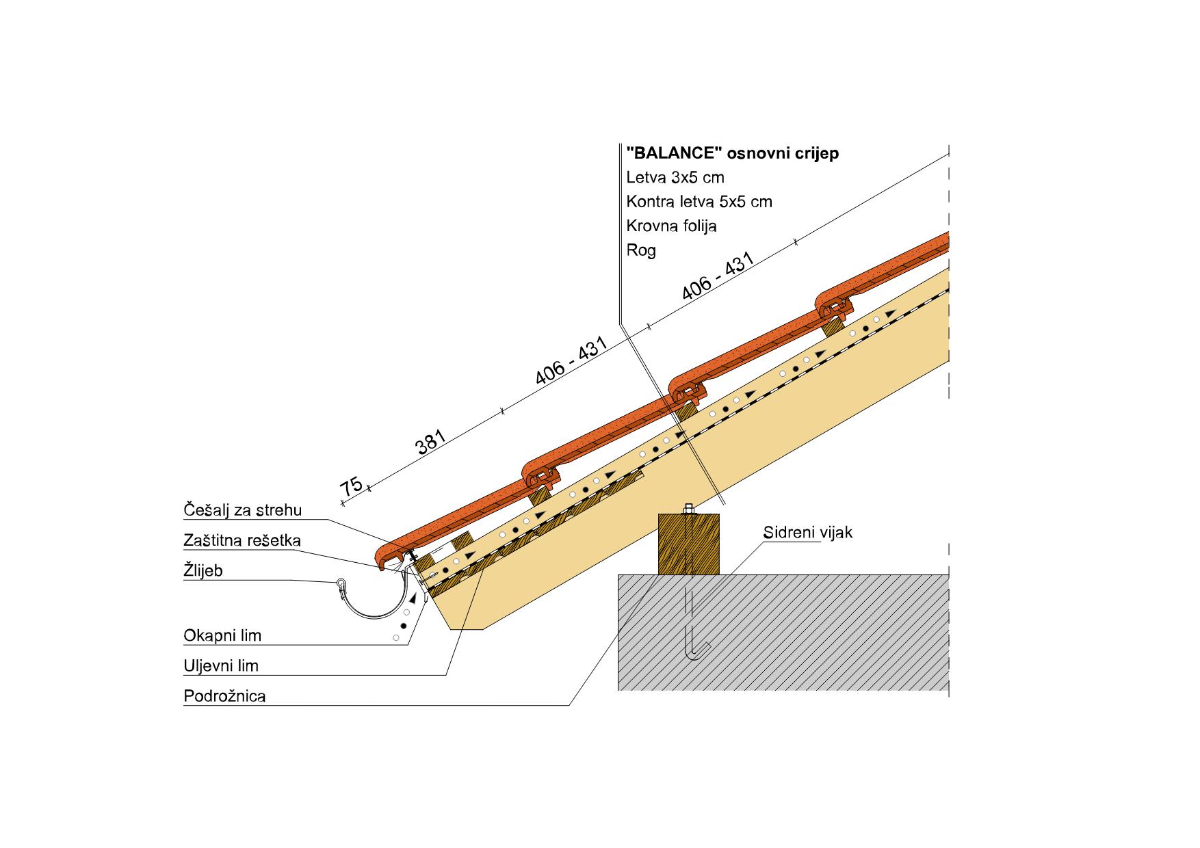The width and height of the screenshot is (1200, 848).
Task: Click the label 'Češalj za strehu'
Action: (242, 510)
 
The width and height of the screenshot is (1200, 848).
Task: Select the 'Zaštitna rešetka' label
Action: (242, 540)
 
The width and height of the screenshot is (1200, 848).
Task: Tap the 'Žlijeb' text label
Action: (203, 570)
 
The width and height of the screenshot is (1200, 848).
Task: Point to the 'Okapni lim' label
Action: (222, 635)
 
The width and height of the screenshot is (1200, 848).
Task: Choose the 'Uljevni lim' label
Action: (221, 665)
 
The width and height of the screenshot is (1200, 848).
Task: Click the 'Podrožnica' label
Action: (224, 696)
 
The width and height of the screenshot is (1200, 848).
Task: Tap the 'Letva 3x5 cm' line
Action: (675, 178)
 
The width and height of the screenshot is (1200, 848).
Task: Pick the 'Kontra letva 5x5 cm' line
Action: (699, 202)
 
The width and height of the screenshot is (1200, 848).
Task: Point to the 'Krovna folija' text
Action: (671, 226)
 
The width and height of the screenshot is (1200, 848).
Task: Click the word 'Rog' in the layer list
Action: (641, 250)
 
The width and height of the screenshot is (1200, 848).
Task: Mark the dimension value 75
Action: (352, 486)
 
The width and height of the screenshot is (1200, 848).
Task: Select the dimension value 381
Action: (430, 442)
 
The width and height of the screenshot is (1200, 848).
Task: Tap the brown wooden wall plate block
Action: (690, 544)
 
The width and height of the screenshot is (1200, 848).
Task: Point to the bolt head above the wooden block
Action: (689, 509)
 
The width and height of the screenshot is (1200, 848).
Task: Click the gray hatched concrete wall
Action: (783, 632)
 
